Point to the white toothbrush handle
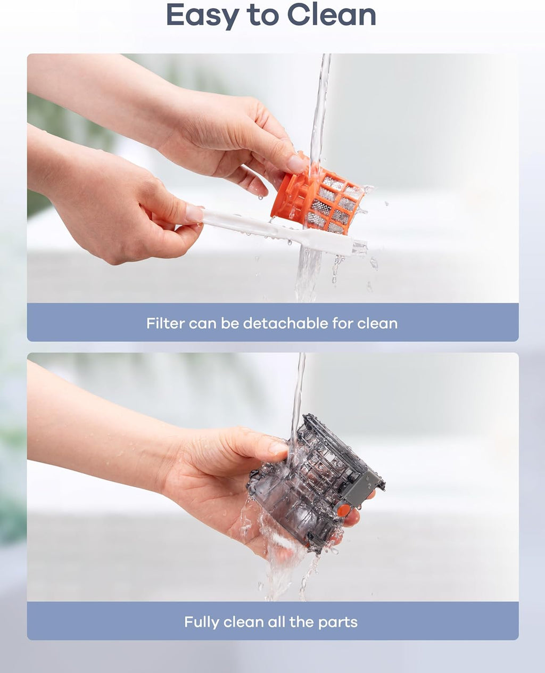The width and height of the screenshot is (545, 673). pos(245,224)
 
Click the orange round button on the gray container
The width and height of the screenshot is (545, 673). pos(344,510)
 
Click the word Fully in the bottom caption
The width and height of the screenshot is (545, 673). pos(202,622)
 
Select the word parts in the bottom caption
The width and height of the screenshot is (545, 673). pos(338,622)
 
